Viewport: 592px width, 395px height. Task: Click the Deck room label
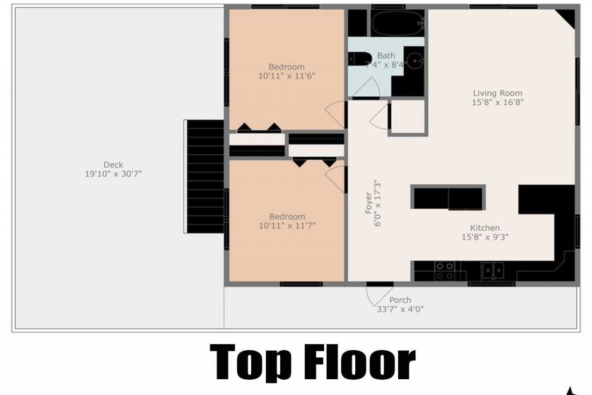click(113, 164)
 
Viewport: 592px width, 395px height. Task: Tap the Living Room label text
click(498, 93)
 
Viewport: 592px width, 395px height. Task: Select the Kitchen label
click(485, 228)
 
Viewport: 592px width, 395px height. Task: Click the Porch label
click(400, 300)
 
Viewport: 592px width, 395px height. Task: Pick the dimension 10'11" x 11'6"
click(287, 76)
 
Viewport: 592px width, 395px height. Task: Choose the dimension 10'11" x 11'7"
click(287, 226)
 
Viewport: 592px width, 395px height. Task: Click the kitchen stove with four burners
click(445, 271)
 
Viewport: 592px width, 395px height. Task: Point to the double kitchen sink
click(493, 270)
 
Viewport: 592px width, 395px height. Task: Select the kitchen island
click(448, 198)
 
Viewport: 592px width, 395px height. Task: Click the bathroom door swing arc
click(368, 88)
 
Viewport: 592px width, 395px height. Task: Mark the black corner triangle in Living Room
click(566, 19)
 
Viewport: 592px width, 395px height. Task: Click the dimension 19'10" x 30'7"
click(113, 174)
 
